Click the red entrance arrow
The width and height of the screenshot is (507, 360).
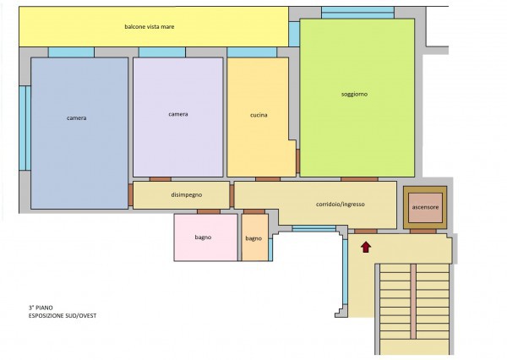[x=366, y=247]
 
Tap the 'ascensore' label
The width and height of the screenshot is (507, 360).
[x=425, y=207]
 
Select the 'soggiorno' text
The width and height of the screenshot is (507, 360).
[x=354, y=94]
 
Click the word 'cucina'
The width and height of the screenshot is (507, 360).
[x=259, y=115]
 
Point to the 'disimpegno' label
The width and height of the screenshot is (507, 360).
[x=187, y=194]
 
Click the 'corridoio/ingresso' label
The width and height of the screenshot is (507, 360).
[x=341, y=205]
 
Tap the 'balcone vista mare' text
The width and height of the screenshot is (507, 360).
[x=150, y=26]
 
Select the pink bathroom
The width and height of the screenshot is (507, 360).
[x=206, y=237]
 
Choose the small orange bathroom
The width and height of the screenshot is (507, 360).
[x=255, y=237]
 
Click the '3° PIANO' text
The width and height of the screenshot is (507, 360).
[x=41, y=308]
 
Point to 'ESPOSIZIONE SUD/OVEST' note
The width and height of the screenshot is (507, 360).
[x=63, y=316]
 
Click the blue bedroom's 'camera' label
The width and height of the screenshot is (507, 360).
[x=77, y=118]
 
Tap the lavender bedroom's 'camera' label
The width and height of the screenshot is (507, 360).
[x=178, y=114]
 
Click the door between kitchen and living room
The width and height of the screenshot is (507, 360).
[x=297, y=161]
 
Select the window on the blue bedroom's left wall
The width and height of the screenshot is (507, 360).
[x=25, y=128]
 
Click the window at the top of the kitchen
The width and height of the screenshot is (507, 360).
[x=252, y=52]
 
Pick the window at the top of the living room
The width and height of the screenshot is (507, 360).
[x=357, y=13]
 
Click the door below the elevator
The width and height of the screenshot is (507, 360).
[x=423, y=232]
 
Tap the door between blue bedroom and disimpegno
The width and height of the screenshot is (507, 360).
[x=130, y=194]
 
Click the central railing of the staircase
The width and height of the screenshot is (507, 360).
[x=413, y=301]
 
